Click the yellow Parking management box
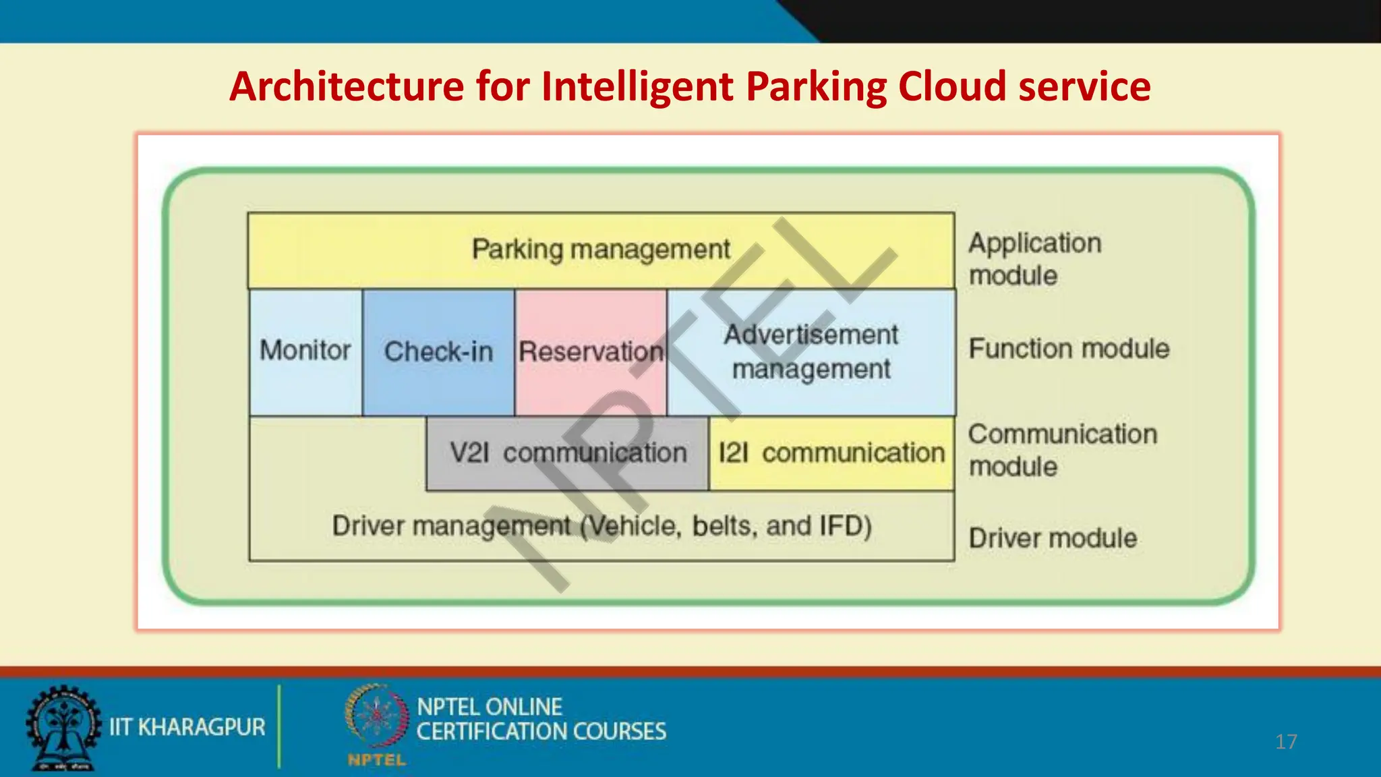(x=600, y=250)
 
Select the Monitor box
(x=305, y=351)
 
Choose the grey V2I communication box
(x=568, y=453)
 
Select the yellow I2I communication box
(x=831, y=453)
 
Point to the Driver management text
(x=601, y=526)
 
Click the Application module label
(x=1034, y=259)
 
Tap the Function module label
(x=1069, y=349)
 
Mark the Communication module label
(x=1062, y=450)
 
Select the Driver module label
(x=1053, y=538)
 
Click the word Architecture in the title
(x=347, y=87)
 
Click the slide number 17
(x=1286, y=742)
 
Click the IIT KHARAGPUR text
(x=187, y=727)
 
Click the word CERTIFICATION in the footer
(x=483, y=732)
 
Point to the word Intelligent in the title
(x=637, y=87)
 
